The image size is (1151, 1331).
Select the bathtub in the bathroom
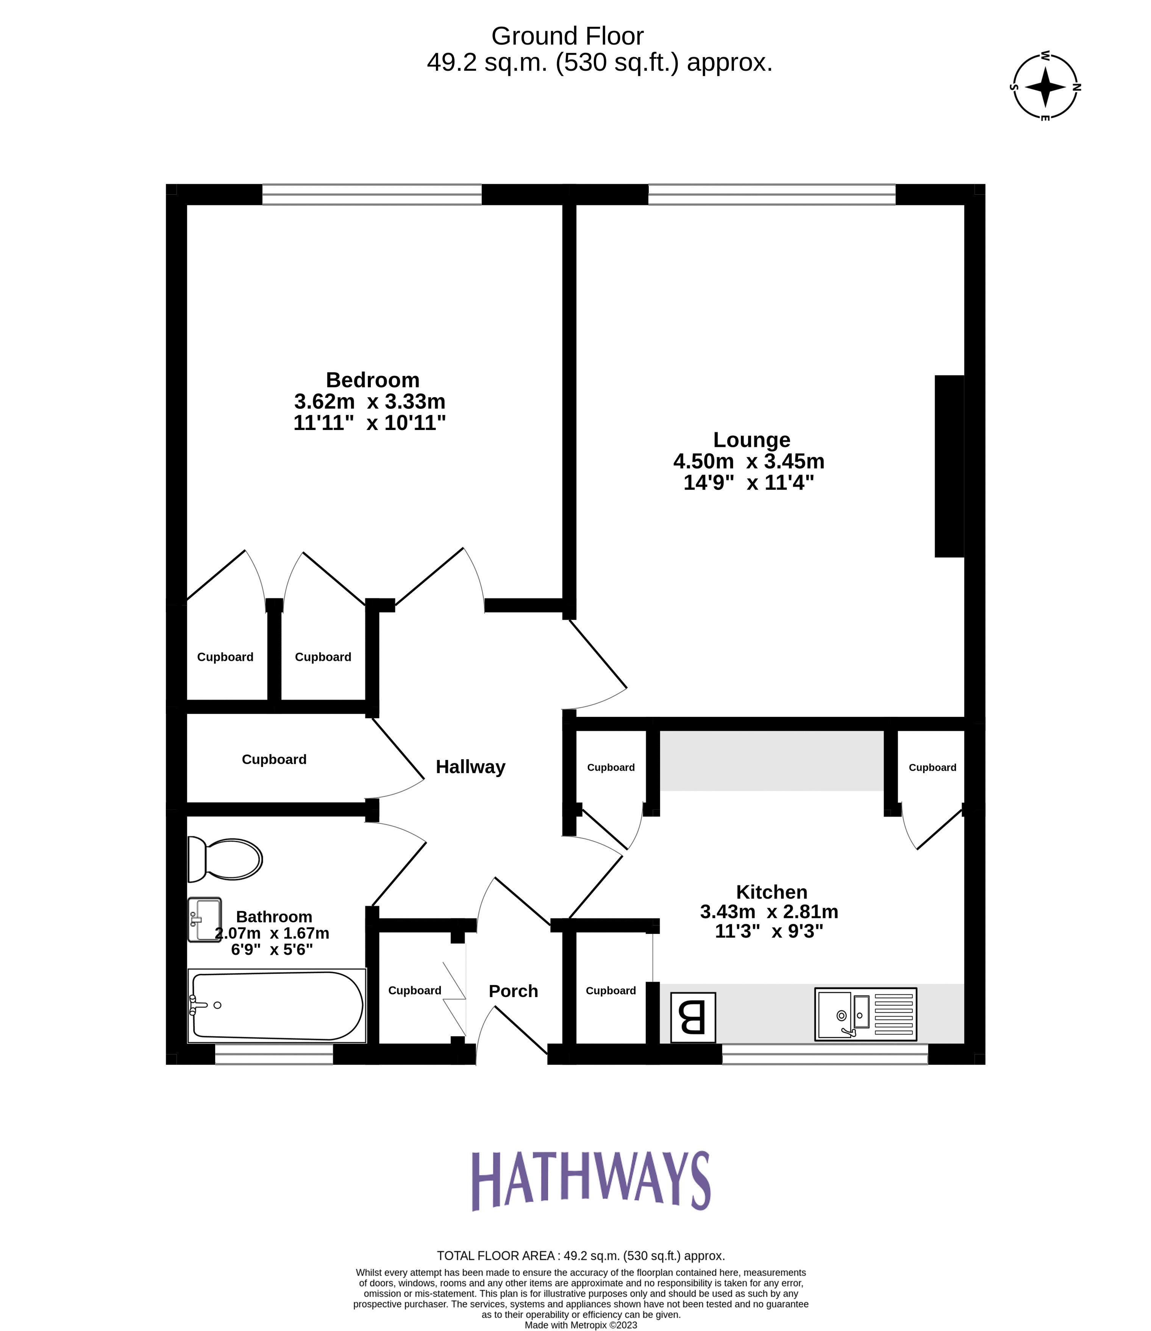pyautogui.click(x=277, y=1006)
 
